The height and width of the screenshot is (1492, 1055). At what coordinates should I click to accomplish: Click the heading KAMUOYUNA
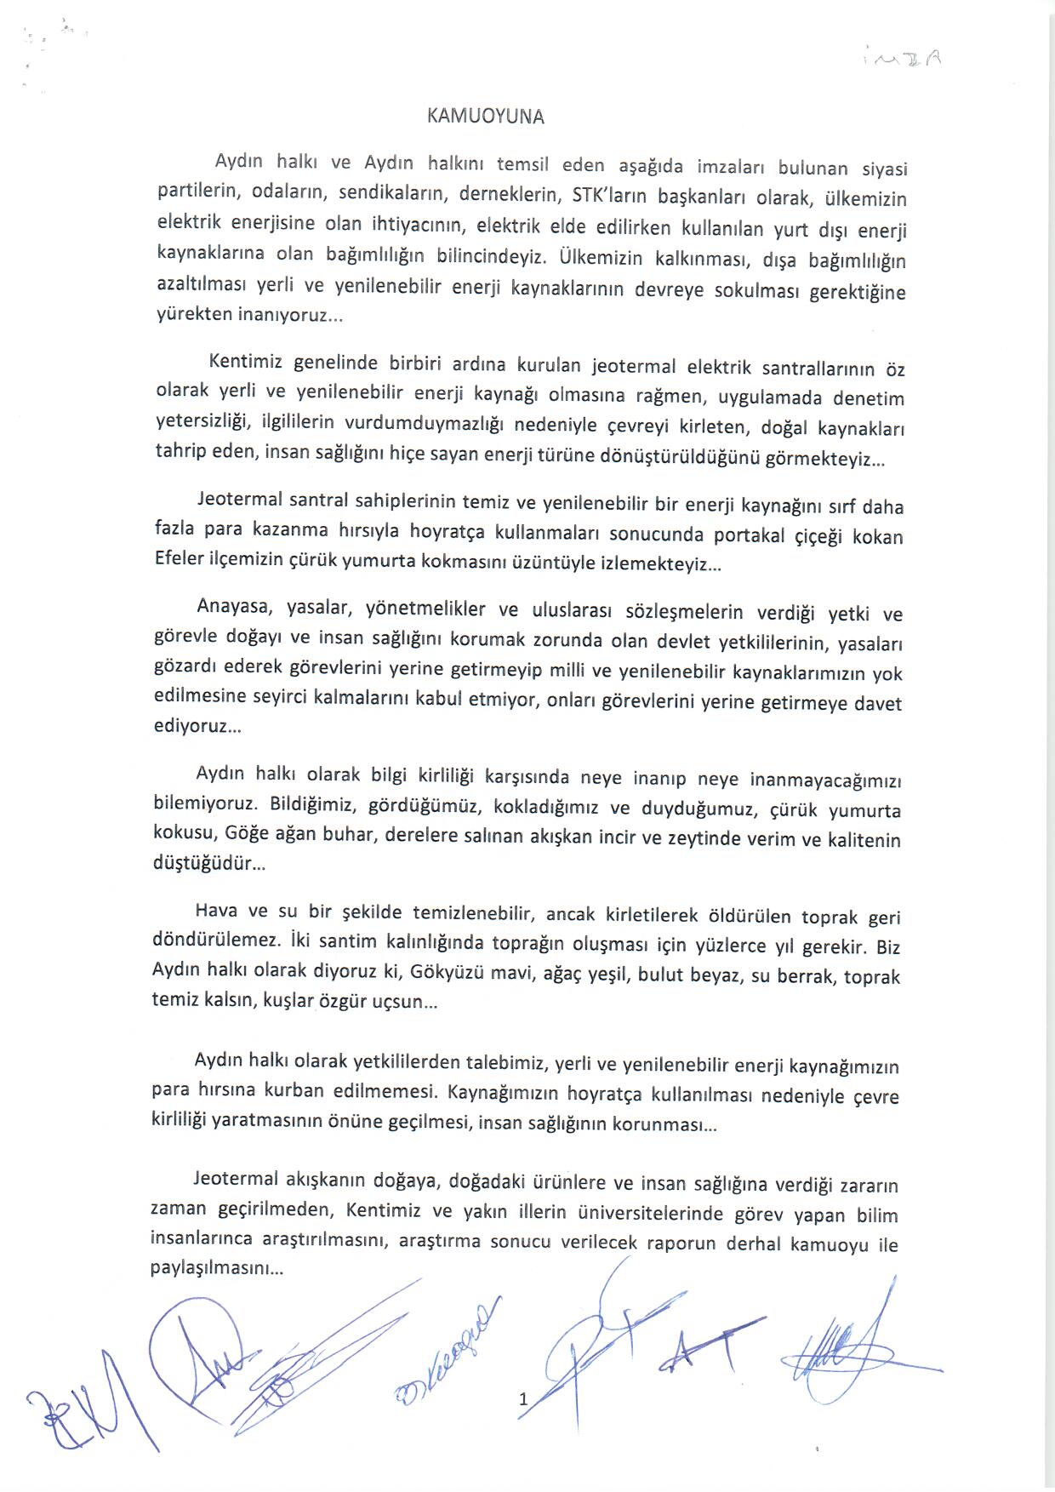click(x=485, y=117)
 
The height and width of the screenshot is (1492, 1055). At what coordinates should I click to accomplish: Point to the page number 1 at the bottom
click(x=523, y=1398)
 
